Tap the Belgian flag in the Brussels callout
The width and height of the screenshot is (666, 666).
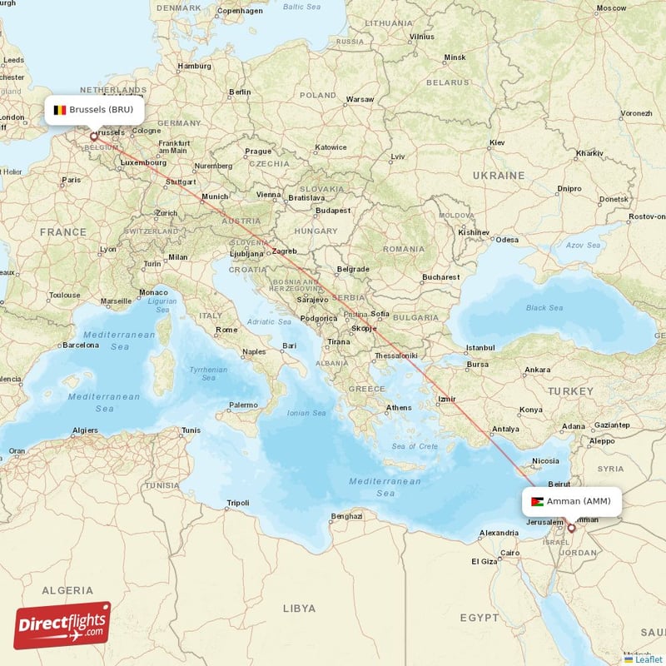[x=60, y=109]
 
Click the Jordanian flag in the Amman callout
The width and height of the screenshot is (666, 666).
[x=539, y=501]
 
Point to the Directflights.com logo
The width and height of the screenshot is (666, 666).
[x=62, y=625]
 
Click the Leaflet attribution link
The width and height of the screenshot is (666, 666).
[x=644, y=659]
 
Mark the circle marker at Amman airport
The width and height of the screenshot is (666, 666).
[x=571, y=528]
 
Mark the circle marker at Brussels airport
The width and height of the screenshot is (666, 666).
[x=93, y=137]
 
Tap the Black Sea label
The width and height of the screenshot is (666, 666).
[x=544, y=307]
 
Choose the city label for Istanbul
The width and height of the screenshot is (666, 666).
[x=480, y=347]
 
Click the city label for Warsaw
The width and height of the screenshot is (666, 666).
[x=360, y=99]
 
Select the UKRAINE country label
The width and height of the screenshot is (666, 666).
[x=499, y=176]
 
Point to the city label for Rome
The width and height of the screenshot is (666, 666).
[x=226, y=330]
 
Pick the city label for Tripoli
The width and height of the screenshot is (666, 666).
[x=238, y=503]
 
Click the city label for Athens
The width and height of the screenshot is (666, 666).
[x=399, y=407]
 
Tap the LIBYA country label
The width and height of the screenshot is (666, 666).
[x=299, y=609]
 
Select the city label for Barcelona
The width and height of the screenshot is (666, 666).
[x=80, y=344]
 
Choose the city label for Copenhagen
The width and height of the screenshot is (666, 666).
[x=240, y=12]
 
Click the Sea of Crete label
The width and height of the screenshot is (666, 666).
[x=415, y=447]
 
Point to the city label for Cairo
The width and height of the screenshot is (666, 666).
[x=509, y=552]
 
